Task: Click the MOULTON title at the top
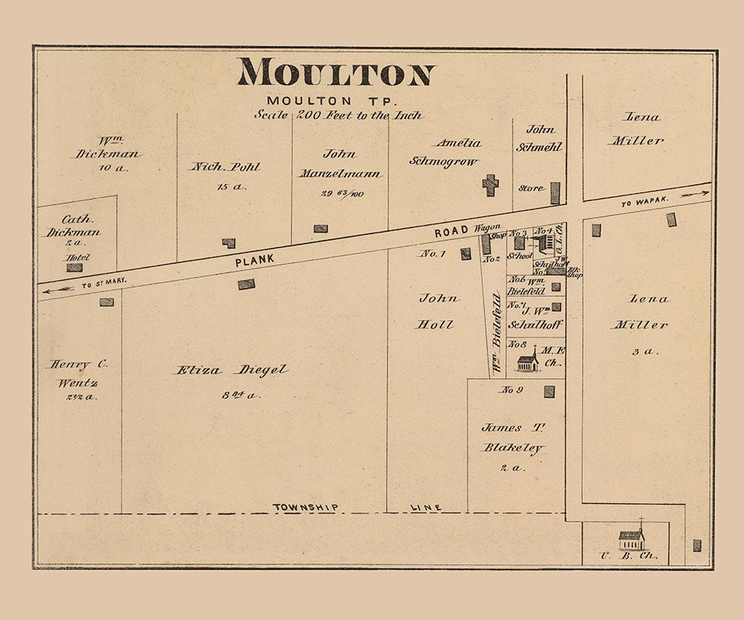tap(336, 72)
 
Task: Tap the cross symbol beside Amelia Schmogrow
tap(490, 184)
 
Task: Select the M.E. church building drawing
tap(528, 360)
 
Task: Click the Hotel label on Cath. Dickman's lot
tap(77, 257)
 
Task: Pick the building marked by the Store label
tap(555, 193)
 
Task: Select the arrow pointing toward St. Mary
tap(58, 289)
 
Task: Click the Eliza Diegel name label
tap(230, 370)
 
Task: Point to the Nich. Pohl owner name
tap(226, 167)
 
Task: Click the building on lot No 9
tap(549, 391)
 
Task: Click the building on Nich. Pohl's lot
tap(229, 243)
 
